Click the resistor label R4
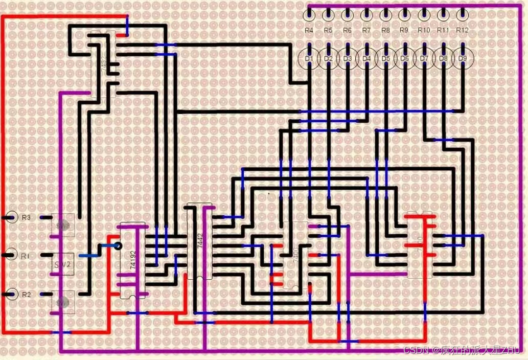click(309, 31)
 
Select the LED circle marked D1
click(309, 59)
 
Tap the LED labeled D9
click(463, 59)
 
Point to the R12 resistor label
click(463, 31)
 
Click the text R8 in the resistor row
click(386, 31)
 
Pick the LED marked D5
click(386, 59)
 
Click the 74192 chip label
click(133, 260)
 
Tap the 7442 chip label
click(200, 240)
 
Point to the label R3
click(26, 217)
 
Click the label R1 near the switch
click(26, 254)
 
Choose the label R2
click(26, 294)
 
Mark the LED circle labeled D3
click(348, 59)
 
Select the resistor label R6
click(348, 31)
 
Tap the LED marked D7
click(424, 59)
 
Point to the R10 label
click(424, 31)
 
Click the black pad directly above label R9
click(404, 14)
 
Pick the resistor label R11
click(443, 31)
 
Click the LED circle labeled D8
click(444, 59)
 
